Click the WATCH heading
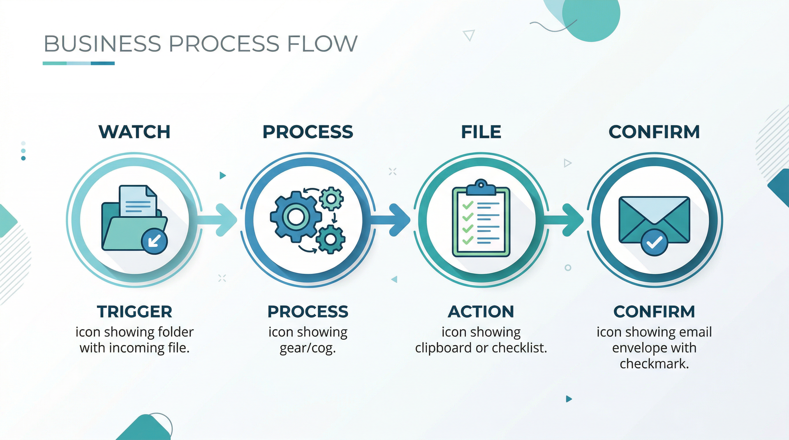[134, 132]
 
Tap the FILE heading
[481, 132]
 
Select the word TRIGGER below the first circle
[134, 311]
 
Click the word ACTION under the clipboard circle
[481, 311]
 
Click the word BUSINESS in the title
[102, 44]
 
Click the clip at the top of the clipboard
[481, 188]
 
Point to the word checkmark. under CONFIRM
[654, 364]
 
